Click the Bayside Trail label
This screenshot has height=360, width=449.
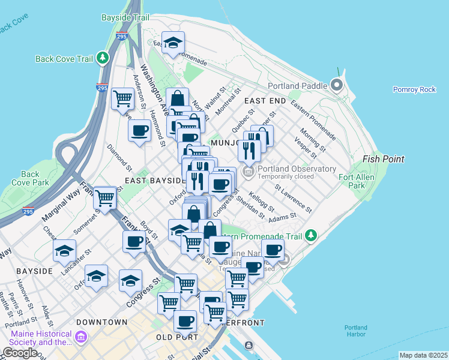point(125,18)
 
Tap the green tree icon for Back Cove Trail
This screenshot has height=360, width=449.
point(104,58)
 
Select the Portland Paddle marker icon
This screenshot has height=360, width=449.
point(336,85)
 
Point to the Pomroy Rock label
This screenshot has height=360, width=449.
point(414,89)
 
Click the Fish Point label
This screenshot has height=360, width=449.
point(383,159)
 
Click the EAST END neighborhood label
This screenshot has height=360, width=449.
point(261,101)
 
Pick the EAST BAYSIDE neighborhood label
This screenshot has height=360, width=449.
point(155,180)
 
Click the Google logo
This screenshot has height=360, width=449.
point(20,353)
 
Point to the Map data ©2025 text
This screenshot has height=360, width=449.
point(423,355)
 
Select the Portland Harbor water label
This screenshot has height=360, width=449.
point(355,331)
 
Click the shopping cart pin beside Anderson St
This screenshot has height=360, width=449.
point(123,97)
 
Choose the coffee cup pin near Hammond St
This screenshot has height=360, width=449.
point(139,130)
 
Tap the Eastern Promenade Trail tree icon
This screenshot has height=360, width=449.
point(310,235)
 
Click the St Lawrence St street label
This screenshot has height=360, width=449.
point(293,198)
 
